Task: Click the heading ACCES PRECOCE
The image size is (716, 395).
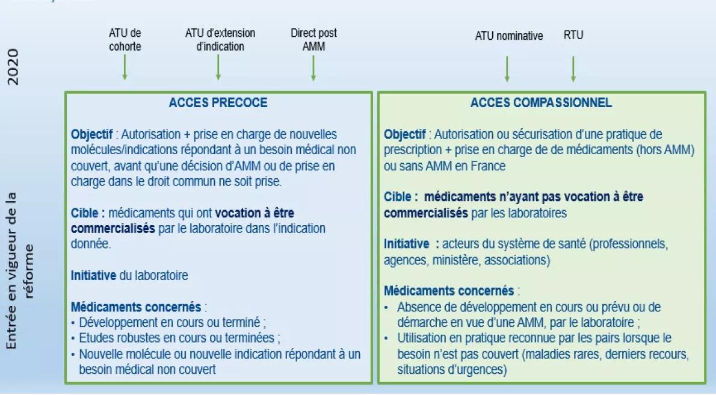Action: pos(218,102)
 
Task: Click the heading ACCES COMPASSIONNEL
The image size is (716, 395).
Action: pos(541,102)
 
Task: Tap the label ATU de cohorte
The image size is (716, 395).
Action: pos(125,40)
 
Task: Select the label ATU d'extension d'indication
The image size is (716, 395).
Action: pos(220,40)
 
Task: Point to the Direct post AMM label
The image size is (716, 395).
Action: pos(313,40)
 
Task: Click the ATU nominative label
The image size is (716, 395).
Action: pos(508,36)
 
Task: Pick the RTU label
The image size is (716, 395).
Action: pos(573,35)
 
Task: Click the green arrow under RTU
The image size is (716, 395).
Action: pos(573,69)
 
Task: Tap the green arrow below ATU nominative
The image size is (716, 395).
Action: pos(507,69)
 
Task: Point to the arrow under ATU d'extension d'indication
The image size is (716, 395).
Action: pos(218,67)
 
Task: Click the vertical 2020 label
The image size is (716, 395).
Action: pos(13,67)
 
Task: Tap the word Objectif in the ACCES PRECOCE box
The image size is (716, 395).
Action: pos(92,134)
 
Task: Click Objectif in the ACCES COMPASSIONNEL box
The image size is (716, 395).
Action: pos(404,134)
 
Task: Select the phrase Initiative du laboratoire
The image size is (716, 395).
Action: pos(129,275)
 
